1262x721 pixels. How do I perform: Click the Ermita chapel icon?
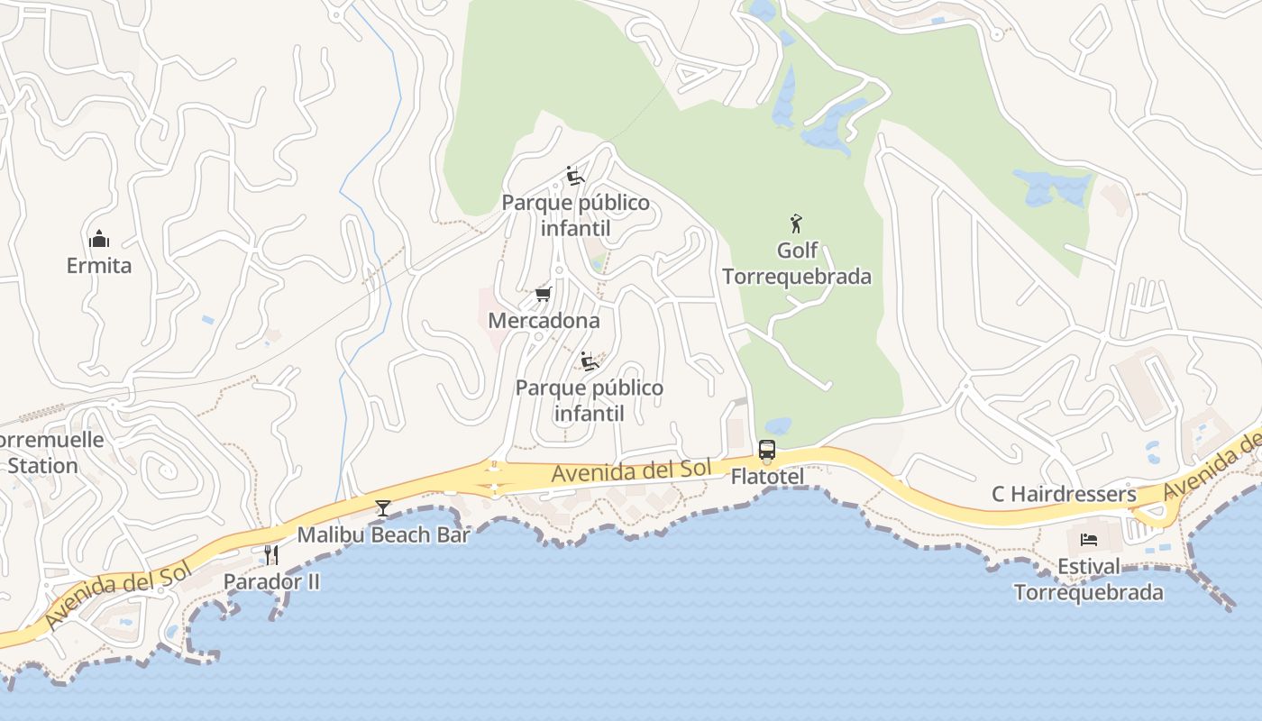click(x=99, y=239)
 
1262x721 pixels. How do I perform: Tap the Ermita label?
click(x=99, y=266)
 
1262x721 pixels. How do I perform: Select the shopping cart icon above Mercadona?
click(x=543, y=294)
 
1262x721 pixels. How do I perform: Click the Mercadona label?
click(x=544, y=321)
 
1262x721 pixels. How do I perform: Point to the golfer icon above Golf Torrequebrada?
click(x=796, y=223)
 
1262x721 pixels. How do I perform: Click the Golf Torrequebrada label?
click(x=797, y=263)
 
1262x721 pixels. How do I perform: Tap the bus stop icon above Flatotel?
click(x=766, y=449)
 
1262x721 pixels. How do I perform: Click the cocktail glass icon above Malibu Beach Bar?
click(x=383, y=508)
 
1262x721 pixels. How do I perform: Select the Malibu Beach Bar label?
click(x=383, y=534)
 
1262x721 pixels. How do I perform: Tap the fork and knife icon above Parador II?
click(x=270, y=554)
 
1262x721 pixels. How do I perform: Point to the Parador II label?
click(x=271, y=581)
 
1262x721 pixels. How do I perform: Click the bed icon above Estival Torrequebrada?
click(x=1089, y=540)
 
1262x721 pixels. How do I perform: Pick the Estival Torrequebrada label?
click(x=1089, y=580)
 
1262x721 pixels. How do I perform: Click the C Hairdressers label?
click(x=1064, y=494)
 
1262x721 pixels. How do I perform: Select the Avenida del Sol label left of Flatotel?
click(x=632, y=470)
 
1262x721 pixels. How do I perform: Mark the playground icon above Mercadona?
click(x=574, y=175)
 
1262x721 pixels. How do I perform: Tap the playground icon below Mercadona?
click(x=590, y=361)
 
